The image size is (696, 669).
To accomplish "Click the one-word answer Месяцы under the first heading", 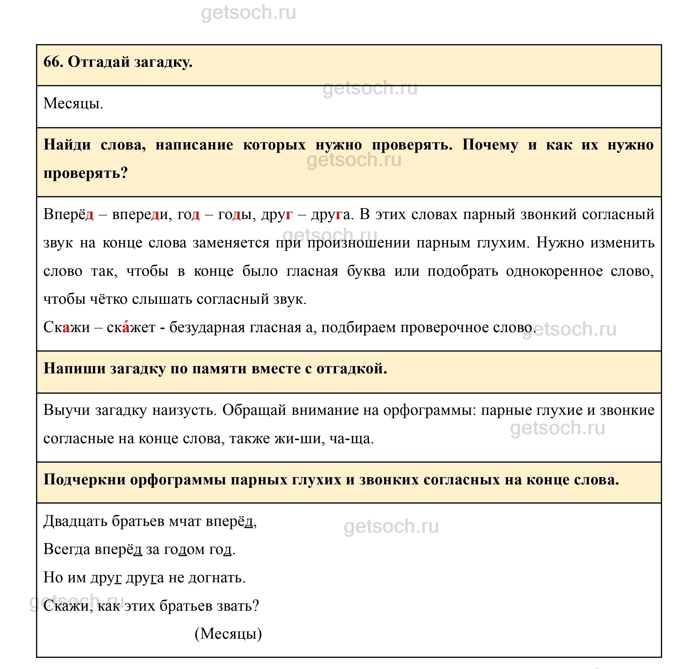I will point(73,104).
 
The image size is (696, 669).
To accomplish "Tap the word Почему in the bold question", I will point(490,145).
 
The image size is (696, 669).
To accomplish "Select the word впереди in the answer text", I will point(140,215).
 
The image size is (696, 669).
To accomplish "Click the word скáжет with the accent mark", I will point(131,327).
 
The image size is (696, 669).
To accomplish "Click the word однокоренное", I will point(554,271).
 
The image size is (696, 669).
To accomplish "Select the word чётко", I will point(110,299).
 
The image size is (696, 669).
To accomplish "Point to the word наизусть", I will point(184,410).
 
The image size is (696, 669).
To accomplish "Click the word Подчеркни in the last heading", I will point(84,480).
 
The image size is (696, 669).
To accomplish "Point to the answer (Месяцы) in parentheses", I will point(228,634).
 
